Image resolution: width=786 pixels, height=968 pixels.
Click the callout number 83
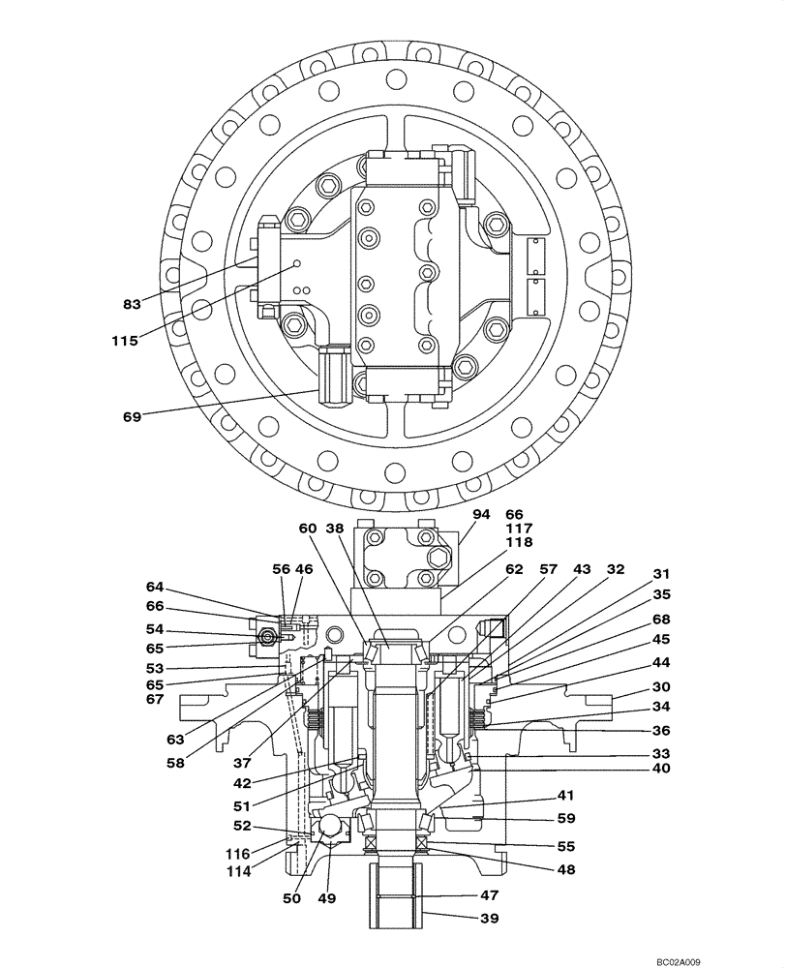(133, 304)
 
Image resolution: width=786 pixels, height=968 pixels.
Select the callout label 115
(124, 340)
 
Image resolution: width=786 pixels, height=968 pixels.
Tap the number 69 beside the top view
(133, 416)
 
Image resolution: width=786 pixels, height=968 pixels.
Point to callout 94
(482, 514)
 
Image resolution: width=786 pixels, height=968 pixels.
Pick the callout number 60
(308, 529)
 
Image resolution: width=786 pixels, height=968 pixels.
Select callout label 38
(335, 529)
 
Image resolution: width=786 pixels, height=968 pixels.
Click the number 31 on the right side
(661, 573)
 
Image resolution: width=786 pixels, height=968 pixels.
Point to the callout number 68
(661, 619)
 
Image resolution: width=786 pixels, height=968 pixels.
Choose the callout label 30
(661, 686)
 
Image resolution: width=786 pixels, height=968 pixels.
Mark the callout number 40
(661, 771)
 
